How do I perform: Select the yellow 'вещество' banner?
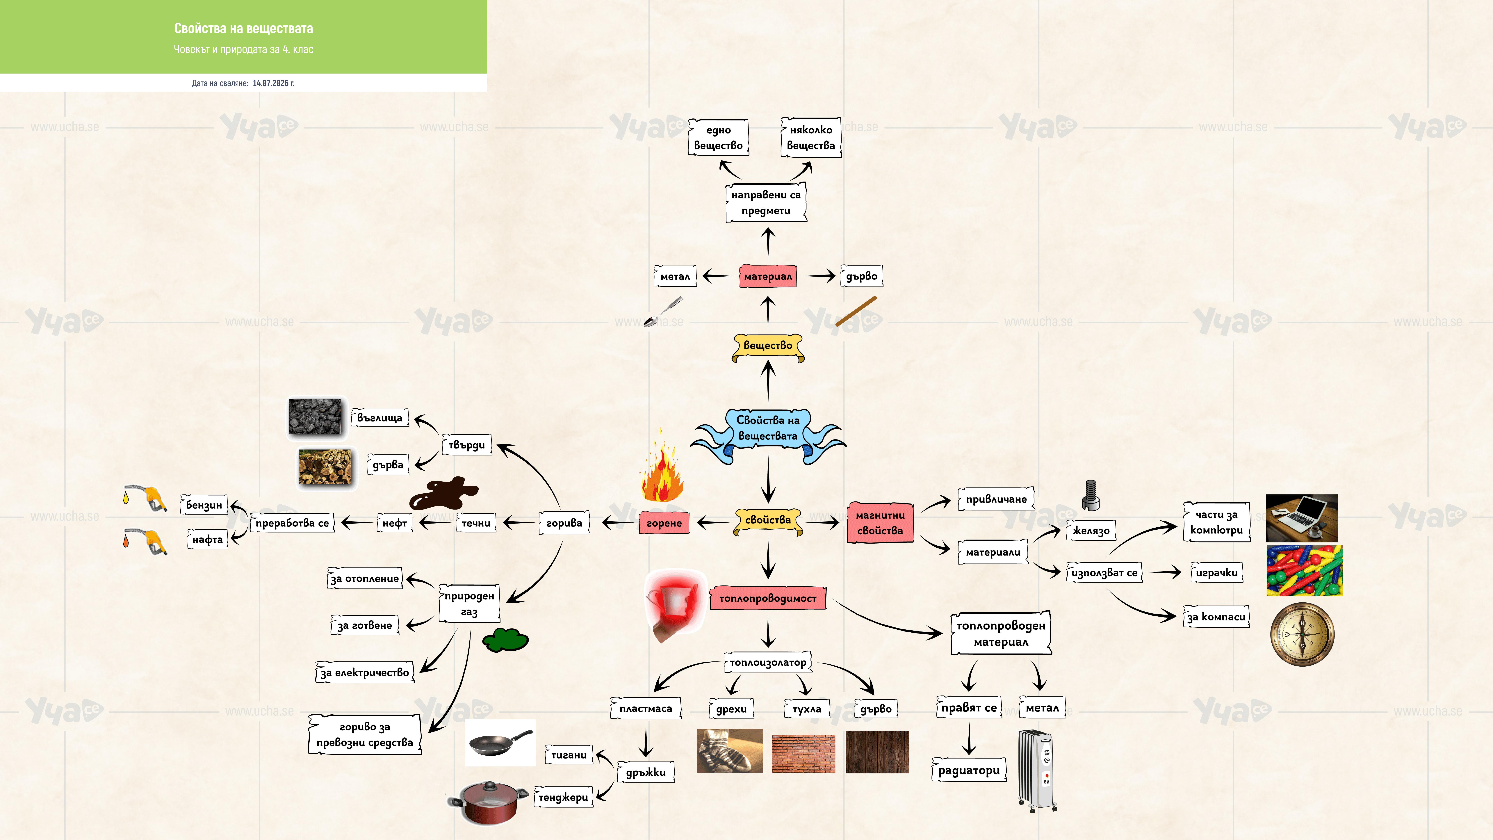pos(768,347)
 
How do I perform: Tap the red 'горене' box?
pos(664,523)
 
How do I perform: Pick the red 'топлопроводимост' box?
pos(768,598)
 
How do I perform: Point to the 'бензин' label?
pos(204,505)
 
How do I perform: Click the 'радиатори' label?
pos(969,770)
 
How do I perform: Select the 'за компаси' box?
pos(1216,617)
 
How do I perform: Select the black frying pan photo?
pos(500,743)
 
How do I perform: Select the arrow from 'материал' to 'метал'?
pos(717,277)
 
